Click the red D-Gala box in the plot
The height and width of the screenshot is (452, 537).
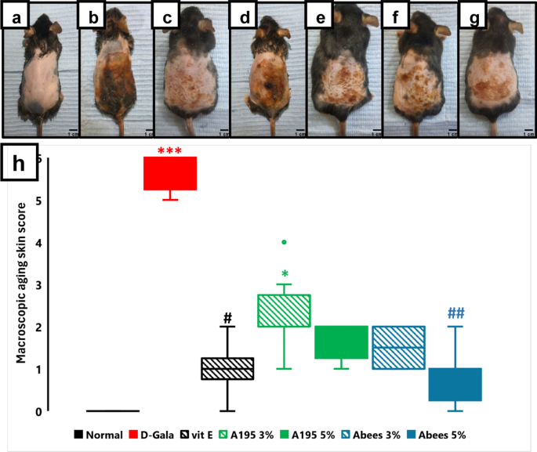click(169, 173)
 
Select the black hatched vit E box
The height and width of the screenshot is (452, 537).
click(227, 368)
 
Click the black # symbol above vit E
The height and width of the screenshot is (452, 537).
click(227, 318)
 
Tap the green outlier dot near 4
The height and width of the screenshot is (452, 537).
click(284, 242)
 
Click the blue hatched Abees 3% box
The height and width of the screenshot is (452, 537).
click(397, 347)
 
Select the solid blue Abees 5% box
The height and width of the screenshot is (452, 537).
click(455, 384)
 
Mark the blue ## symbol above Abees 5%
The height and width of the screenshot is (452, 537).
click(456, 313)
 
